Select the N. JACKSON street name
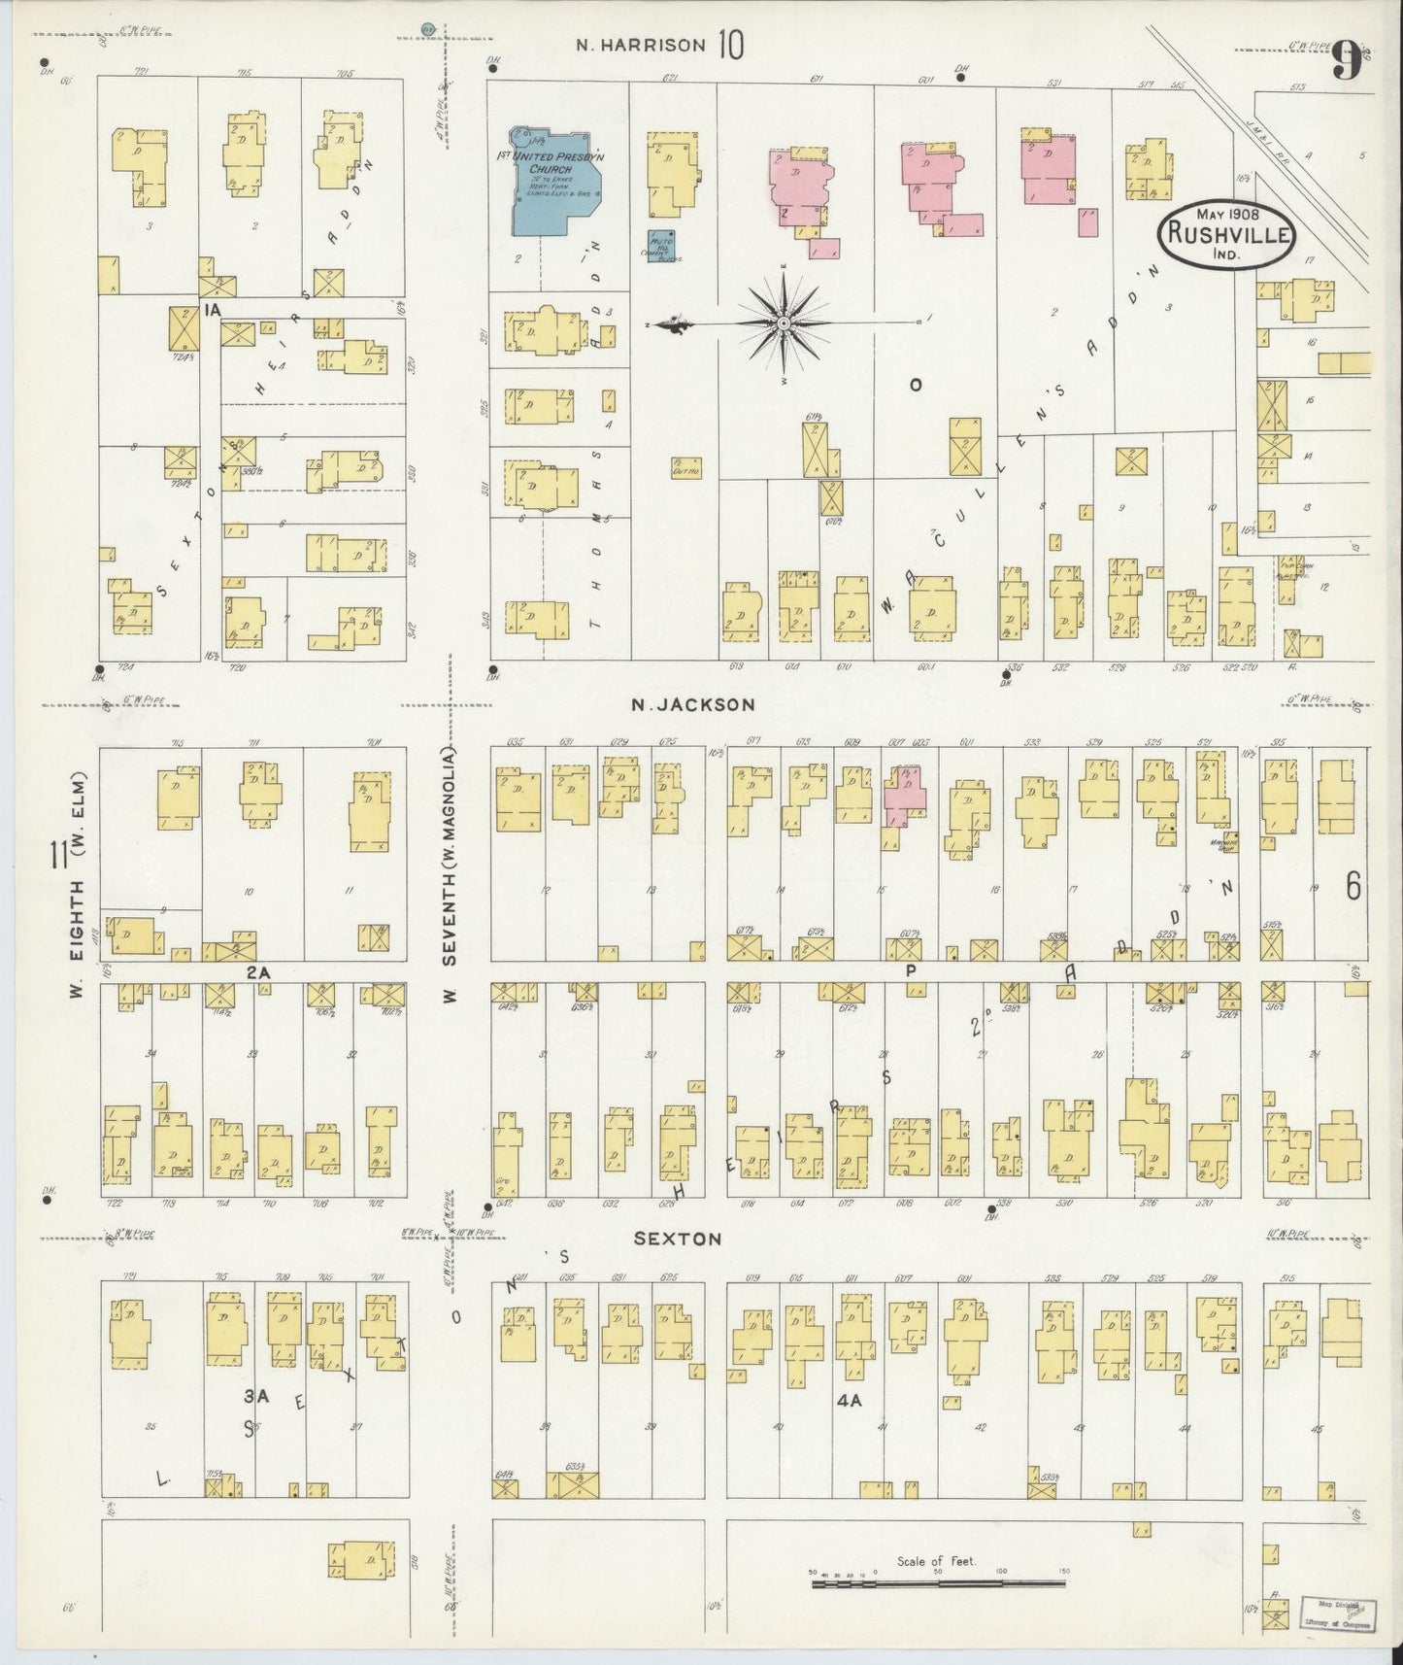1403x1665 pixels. coord(691,705)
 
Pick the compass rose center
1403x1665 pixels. coord(783,322)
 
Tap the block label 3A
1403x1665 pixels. coord(255,1396)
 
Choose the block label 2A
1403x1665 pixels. coord(256,970)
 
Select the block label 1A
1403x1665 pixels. coord(213,309)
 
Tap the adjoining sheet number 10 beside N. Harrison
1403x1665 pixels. coord(731,45)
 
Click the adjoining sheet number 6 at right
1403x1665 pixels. coord(1353,885)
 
